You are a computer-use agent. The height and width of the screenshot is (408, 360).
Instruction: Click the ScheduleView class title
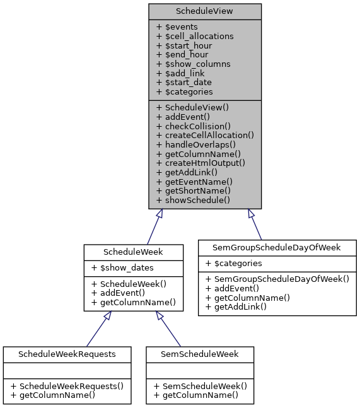tap(205, 11)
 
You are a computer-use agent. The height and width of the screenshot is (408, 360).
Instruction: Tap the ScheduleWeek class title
tap(134, 252)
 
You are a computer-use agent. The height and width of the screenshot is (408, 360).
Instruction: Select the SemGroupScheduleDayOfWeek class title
tap(277, 247)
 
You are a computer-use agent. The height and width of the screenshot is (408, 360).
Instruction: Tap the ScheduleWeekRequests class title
tap(67, 354)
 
